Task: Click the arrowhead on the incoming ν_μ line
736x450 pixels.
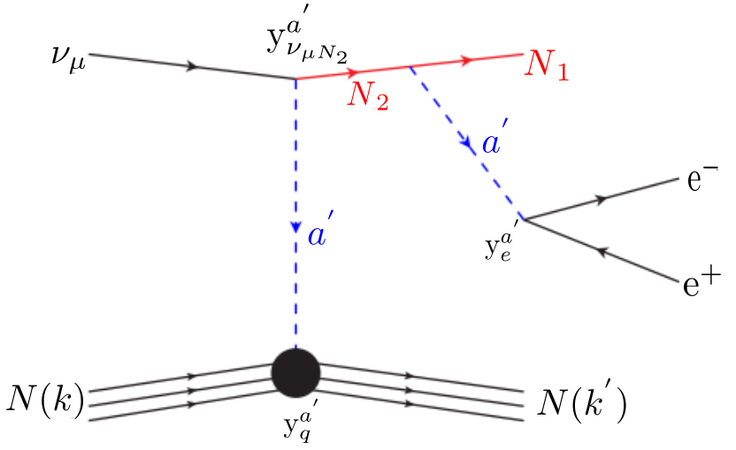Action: pyautogui.click(x=190, y=66)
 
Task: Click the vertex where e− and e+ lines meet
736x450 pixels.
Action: pyautogui.click(x=524, y=218)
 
